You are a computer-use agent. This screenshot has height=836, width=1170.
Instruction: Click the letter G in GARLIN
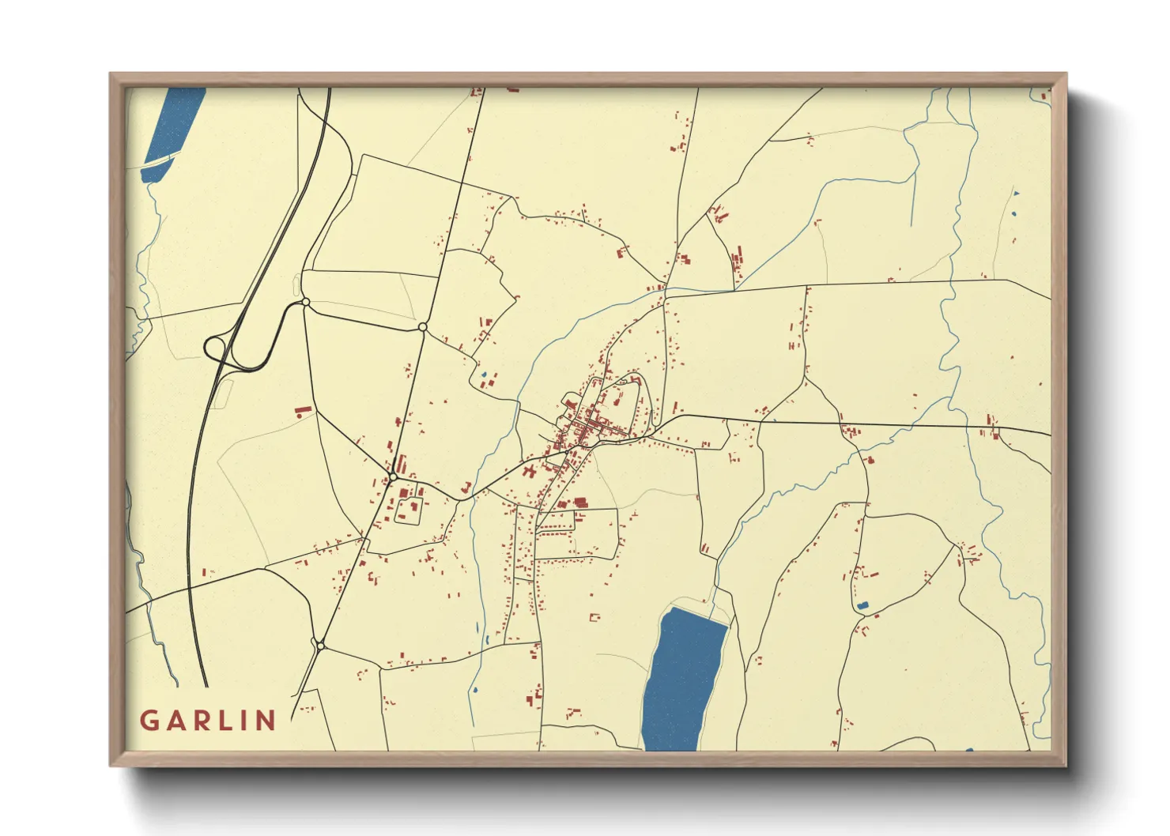(x=149, y=721)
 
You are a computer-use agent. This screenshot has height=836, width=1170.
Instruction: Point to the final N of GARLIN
(x=266, y=721)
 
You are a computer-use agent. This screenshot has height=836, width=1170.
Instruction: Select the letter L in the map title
(x=228, y=721)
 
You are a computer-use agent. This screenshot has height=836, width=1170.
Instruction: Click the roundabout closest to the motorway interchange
(x=305, y=302)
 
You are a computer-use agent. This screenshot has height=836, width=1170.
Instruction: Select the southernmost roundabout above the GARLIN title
(x=320, y=646)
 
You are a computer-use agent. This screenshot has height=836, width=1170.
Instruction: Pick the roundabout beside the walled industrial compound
(x=392, y=476)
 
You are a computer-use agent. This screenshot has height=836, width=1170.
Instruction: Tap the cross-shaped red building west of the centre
(x=528, y=473)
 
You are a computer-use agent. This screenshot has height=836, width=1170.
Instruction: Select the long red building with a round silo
(x=304, y=410)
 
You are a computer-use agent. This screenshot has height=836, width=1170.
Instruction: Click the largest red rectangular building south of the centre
(x=580, y=502)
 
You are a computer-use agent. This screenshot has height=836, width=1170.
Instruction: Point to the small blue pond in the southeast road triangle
(x=862, y=605)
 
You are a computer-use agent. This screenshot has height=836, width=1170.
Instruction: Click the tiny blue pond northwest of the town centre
(x=484, y=375)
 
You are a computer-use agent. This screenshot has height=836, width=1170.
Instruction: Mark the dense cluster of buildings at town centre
(x=589, y=423)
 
